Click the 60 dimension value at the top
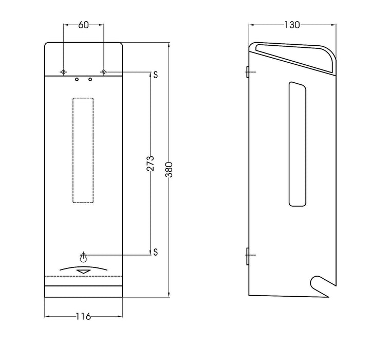tap(83, 24)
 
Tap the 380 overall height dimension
tap(170, 169)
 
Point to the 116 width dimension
tap(83, 316)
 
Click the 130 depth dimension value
tap(292, 24)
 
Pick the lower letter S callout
tap(155, 251)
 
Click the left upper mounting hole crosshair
tap(63, 71)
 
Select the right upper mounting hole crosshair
tap(103, 71)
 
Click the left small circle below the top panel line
tap(77, 80)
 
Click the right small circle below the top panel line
tap(90, 80)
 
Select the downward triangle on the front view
tap(83, 272)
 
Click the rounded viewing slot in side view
tap(296, 144)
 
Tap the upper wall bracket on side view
tap(247, 71)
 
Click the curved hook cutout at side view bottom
tap(319, 285)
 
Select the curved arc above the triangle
tap(83, 267)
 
